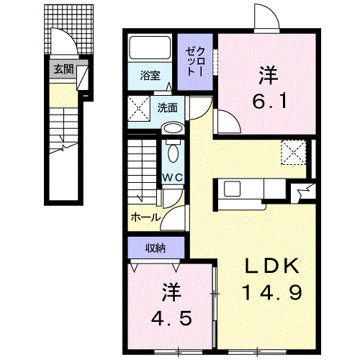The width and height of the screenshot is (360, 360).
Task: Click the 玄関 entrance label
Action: pyautogui.click(x=62, y=69)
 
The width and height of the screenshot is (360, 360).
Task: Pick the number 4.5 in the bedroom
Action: pyautogui.click(x=170, y=318)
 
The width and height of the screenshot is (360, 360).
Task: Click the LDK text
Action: pyautogui.click(x=271, y=266)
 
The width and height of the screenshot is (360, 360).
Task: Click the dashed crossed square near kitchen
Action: pyautogui.click(x=293, y=152)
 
